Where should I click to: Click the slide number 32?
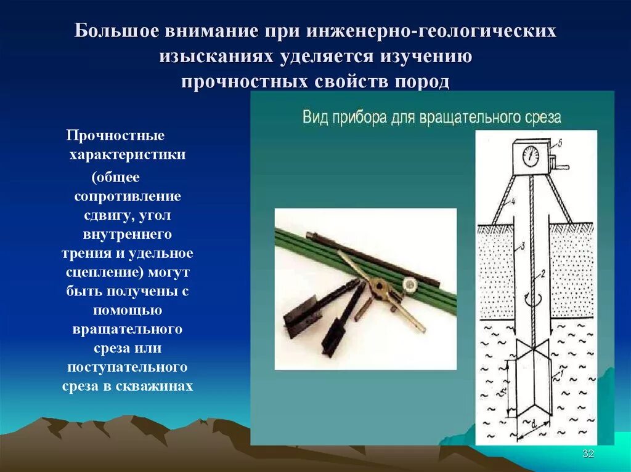click(588, 454)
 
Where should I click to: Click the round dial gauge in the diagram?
click(530, 156)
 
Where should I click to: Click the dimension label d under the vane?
click(533, 424)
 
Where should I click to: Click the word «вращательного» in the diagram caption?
click(471, 116)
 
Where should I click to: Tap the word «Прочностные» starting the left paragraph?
click(116, 135)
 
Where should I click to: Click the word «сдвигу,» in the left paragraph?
click(109, 215)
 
